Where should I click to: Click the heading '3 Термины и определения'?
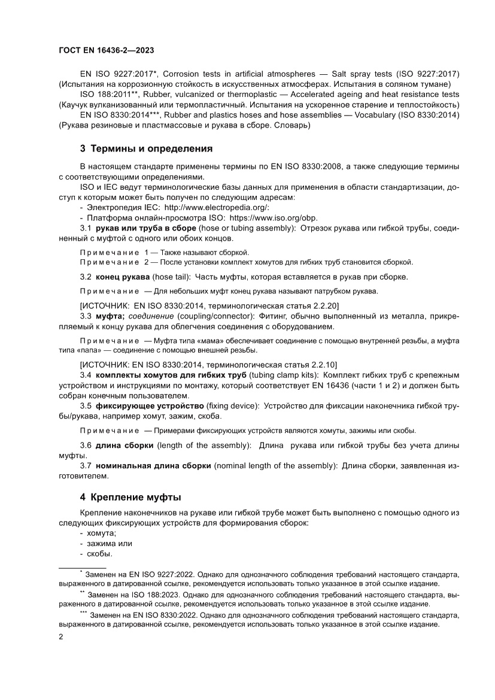click(147, 149)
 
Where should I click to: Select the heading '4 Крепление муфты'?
click(130, 497)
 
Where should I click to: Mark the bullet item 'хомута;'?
click(102, 533)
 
